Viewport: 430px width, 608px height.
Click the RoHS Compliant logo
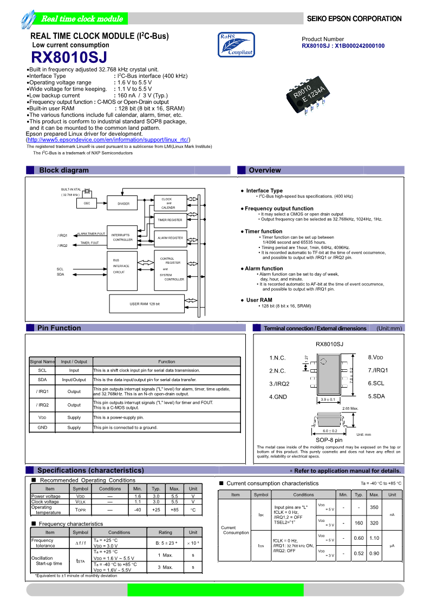[236, 44]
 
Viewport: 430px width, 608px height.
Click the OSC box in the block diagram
[87, 203]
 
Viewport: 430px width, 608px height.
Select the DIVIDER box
[123, 204]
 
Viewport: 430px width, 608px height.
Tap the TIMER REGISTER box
[170, 220]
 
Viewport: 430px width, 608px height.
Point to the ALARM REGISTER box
[170, 238]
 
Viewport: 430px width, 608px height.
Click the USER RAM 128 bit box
[145, 304]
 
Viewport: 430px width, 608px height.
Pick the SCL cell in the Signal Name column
[42, 370]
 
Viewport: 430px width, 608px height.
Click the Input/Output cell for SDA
[74, 380]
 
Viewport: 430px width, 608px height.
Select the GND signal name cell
[42, 427]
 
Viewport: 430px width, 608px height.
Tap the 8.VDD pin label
[376, 357]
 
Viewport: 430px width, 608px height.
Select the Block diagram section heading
[64, 170]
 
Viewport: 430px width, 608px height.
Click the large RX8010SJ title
[69, 57]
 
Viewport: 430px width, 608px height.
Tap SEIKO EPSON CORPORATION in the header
[354, 19]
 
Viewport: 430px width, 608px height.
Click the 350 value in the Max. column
[374, 507]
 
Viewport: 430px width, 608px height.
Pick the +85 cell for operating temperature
[174, 509]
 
